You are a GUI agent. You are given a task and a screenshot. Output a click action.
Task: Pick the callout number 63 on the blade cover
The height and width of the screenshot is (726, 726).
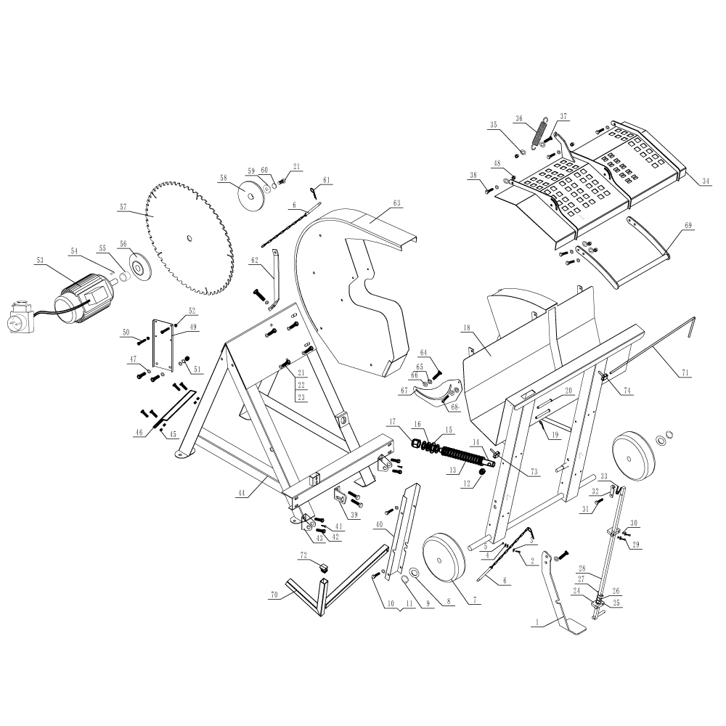tap(396, 203)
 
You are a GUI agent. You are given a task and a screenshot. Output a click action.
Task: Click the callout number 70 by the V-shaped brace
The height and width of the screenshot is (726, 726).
tap(274, 595)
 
